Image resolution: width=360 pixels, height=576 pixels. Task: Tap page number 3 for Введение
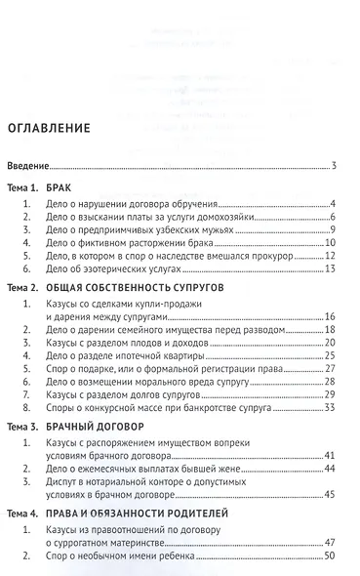click(x=334, y=166)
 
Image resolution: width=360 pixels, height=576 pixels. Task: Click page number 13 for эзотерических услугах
click(x=331, y=269)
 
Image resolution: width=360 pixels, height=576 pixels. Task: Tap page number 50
click(x=331, y=555)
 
